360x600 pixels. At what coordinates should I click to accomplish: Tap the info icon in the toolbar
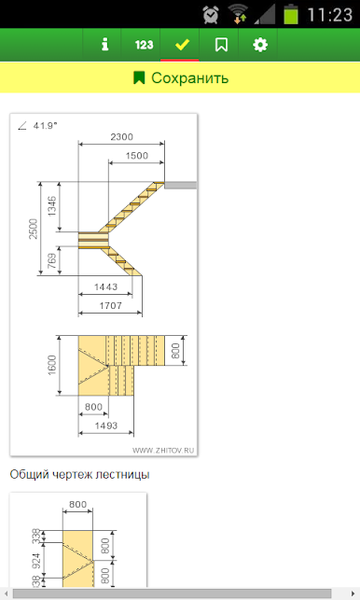(104, 45)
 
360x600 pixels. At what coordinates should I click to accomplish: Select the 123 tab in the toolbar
(144, 45)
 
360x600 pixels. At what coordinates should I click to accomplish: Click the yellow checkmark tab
(182, 45)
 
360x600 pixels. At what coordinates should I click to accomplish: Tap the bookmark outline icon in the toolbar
(221, 45)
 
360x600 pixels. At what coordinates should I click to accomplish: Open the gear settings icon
(260, 45)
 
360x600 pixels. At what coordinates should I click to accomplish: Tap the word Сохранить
(189, 78)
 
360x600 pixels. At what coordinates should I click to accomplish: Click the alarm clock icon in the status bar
(211, 15)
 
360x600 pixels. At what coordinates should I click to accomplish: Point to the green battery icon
(291, 15)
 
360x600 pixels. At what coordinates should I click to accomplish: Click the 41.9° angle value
(45, 126)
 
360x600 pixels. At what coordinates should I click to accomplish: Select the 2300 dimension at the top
(121, 137)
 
